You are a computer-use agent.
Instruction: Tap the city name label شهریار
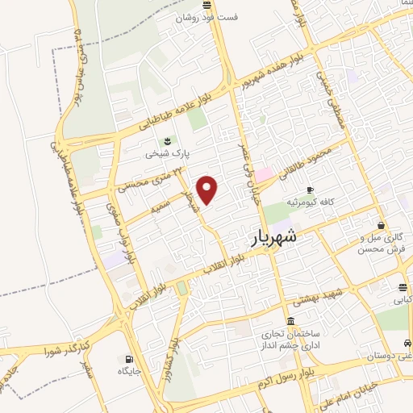[269, 237]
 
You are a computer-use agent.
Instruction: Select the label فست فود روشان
[209, 16]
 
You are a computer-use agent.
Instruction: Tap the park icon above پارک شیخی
[168, 140]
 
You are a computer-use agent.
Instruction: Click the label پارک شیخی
[168, 152]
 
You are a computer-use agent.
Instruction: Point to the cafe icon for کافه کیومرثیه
[310, 190]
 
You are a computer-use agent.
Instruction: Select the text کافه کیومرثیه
[310, 203]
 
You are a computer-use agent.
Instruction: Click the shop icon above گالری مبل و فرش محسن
[380, 226]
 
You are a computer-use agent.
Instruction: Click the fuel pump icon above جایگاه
[128, 359]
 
